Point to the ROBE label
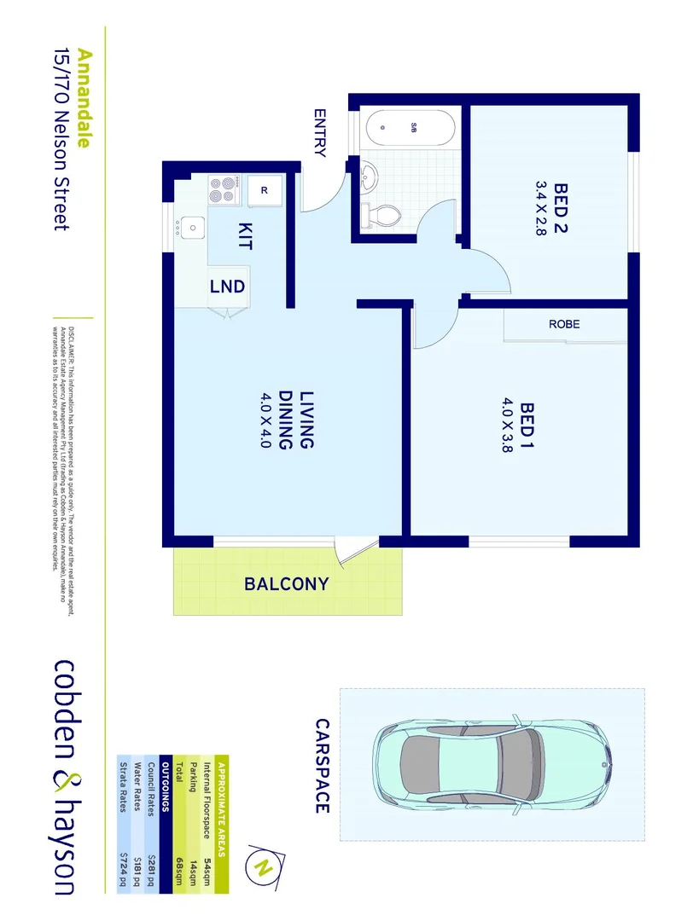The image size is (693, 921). [564, 324]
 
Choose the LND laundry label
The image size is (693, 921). [228, 287]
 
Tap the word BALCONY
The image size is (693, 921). [287, 584]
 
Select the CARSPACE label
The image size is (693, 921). [321, 766]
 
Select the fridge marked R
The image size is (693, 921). [265, 190]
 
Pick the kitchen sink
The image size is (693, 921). [191, 227]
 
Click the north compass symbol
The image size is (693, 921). [264, 867]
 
